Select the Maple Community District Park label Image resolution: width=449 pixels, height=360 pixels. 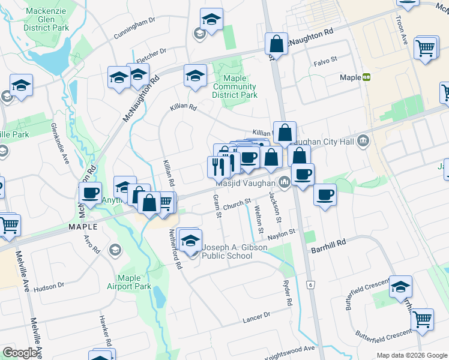point(235,86)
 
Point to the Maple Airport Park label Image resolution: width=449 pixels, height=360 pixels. point(134,282)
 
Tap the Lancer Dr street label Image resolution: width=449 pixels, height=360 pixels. point(257,317)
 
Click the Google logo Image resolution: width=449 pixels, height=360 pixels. point(20,353)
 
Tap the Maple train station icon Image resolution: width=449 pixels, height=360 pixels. point(366,77)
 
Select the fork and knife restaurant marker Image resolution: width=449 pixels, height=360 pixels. point(216,166)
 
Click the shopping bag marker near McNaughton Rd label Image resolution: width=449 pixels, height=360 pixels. point(276,44)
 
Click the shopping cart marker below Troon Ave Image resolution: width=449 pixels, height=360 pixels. point(426,48)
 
